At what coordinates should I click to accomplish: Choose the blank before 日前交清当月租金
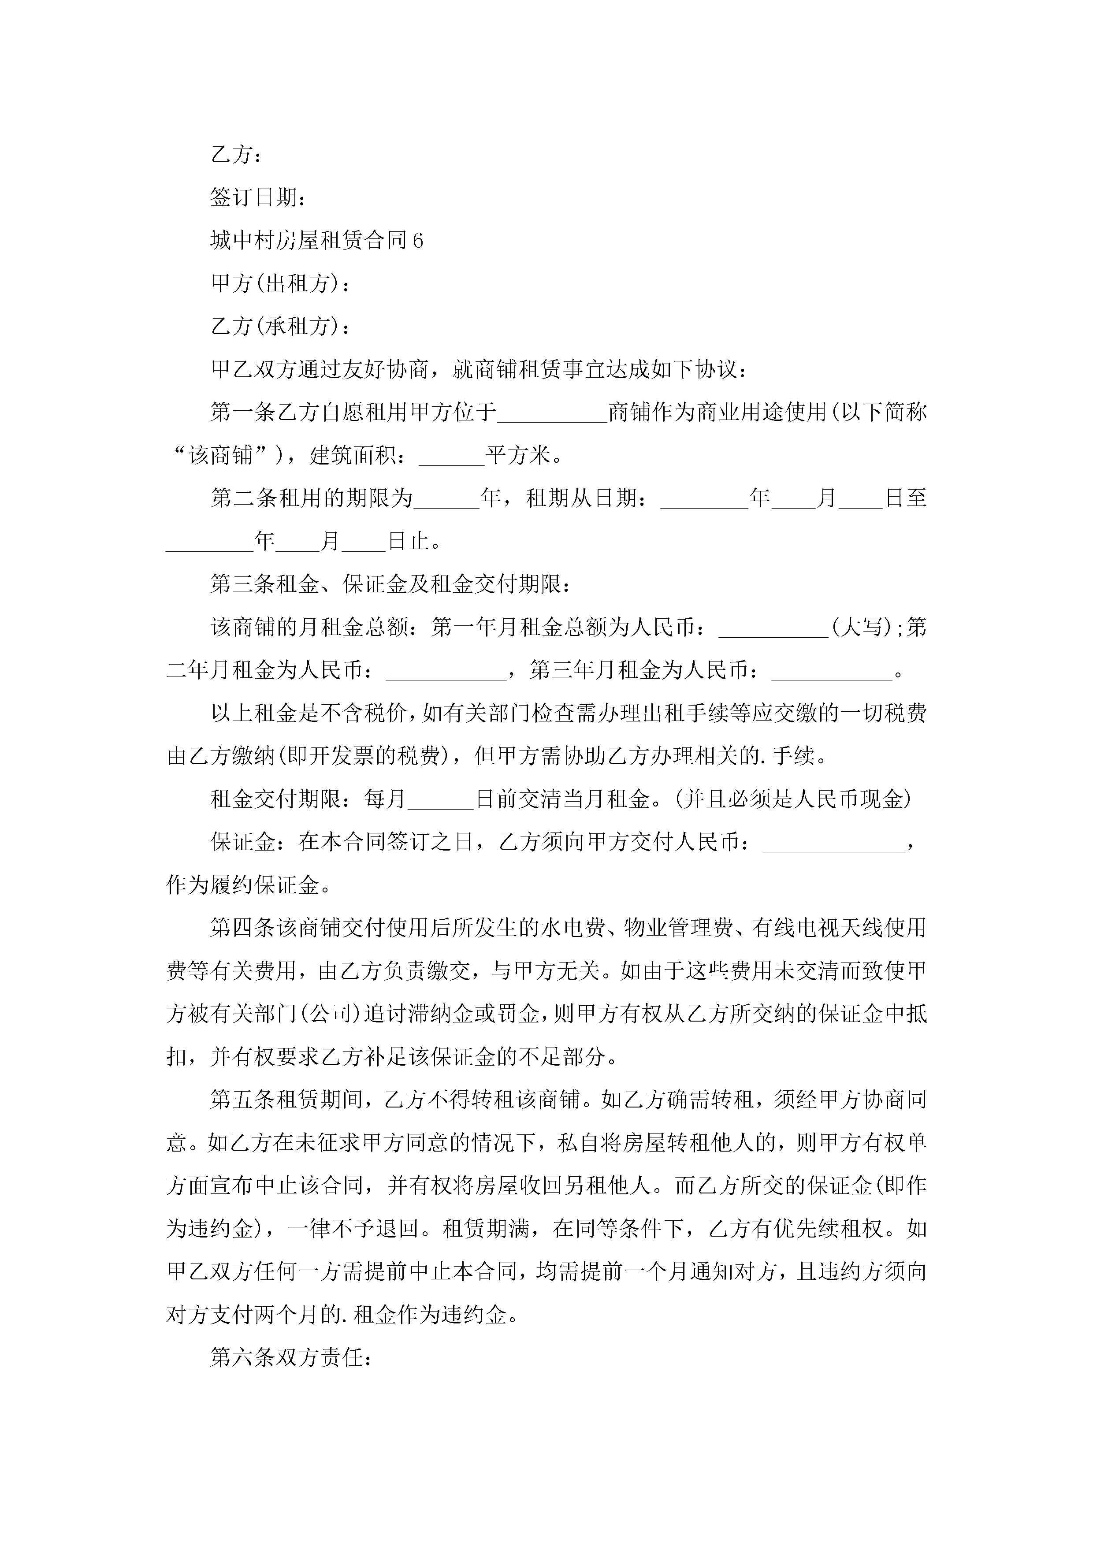pos(441,799)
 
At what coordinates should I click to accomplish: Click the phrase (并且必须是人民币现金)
pos(795,799)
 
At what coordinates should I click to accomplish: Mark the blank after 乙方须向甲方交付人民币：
pos(834,842)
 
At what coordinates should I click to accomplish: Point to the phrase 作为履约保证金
pos(242,885)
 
